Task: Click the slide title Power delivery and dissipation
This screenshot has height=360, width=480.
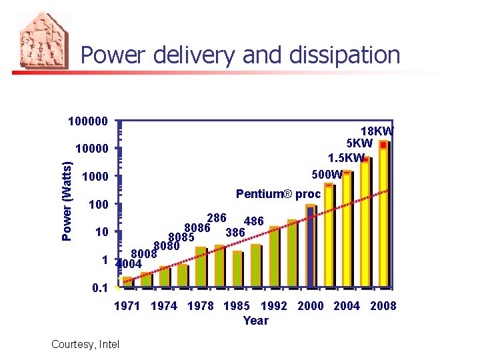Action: pos(240,55)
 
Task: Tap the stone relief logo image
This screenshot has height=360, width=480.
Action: pos(44,40)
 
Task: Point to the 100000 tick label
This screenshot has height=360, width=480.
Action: pos(87,122)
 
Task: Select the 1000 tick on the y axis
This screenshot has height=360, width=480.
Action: pos(93,177)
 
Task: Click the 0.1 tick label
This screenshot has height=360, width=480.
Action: pos(97,288)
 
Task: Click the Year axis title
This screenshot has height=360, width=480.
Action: pos(255,321)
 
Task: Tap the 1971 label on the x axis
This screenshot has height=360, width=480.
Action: pos(127,306)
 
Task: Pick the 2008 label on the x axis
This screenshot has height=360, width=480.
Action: pos(383,306)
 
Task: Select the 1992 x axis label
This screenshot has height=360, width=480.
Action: pos(273,306)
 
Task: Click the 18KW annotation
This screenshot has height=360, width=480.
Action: pos(377,131)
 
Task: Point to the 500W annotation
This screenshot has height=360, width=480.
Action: pos(327,175)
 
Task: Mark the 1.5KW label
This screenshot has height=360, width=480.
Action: pos(346,158)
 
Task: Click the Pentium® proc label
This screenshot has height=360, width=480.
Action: pos(278,194)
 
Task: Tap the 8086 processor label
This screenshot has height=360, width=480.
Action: pos(197,228)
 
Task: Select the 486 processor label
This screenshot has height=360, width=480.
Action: pos(254,221)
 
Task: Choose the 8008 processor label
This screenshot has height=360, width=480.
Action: pos(143,254)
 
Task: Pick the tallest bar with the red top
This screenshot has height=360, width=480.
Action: pos(383,213)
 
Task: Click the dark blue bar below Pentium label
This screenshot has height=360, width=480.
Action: pos(310,247)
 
